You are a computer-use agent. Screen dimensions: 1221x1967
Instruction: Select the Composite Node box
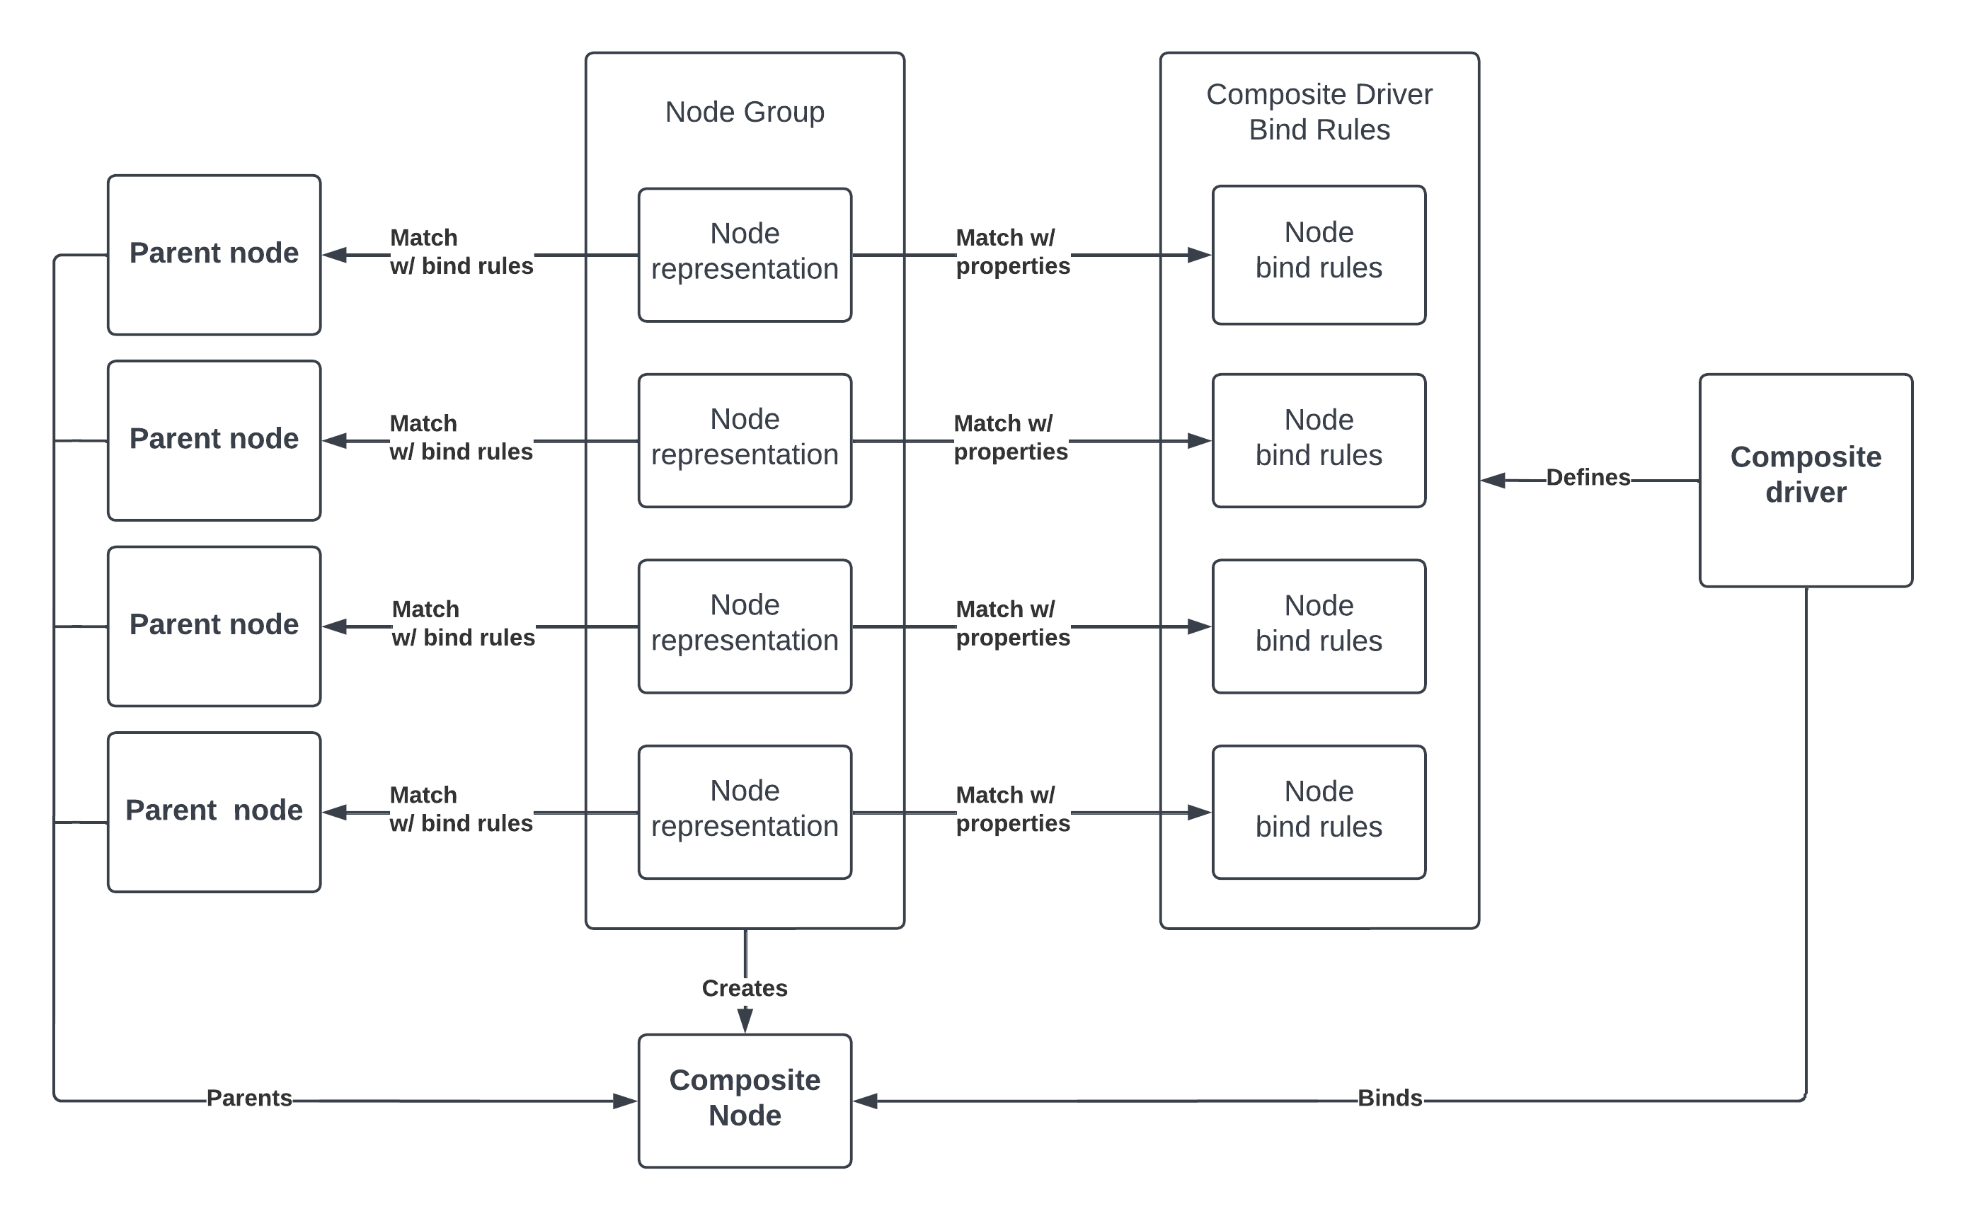(x=745, y=1100)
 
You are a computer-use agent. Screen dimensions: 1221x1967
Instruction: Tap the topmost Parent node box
(x=214, y=254)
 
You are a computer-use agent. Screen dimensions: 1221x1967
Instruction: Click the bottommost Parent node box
(x=214, y=812)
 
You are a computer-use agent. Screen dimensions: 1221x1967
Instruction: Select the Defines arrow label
(x=1588, y=477)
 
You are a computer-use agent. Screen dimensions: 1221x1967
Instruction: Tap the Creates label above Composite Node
(x=745, y=987)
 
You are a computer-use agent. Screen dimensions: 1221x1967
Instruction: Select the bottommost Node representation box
(x=745, y=812)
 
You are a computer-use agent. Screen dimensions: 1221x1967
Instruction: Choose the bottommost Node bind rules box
(x=1319, y=812)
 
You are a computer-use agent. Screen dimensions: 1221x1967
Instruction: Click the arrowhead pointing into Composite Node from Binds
(x=866, y=1101)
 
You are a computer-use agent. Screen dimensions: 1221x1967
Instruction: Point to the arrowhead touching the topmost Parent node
(x=334, y=256)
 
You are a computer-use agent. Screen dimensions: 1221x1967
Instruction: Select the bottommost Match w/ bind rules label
(x=460, y=808)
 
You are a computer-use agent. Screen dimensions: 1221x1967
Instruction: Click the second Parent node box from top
(x=214, y=440)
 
